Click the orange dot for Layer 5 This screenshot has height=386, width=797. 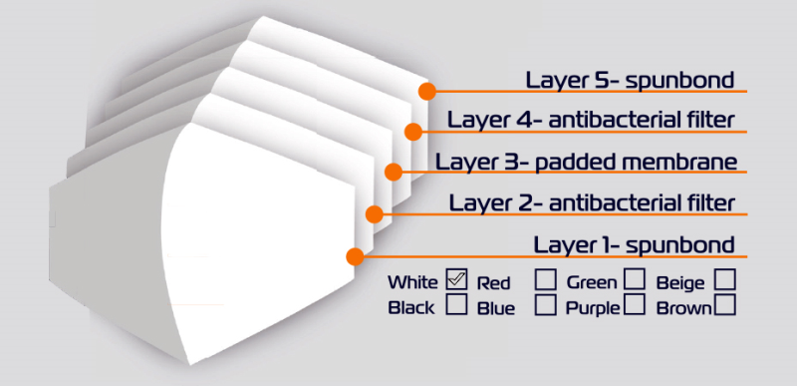[x=427, y=92]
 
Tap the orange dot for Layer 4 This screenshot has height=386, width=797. [x=413, y=132]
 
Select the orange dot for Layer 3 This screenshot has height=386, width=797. [x=394, y=172]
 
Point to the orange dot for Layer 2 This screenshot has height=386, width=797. [x=375, y=214]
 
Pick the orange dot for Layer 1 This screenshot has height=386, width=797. [x=355, y=256]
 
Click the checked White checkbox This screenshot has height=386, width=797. [x=456, y=279]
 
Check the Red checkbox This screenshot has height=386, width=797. [x=545, y=280]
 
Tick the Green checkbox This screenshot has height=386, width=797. [x=635, y=279]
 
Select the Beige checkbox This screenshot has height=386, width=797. [x=725, y=279]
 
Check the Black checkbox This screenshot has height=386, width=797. [x=456, y=304]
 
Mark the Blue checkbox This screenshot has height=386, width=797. [x=545, y=305]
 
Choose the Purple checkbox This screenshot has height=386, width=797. [x=635, y=304]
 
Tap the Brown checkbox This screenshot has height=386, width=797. [x=725, y=304]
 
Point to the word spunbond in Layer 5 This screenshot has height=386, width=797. [x=680, y=81]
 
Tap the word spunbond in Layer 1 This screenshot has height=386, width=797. [x=680, y=245]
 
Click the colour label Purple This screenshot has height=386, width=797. [x=593, y=308]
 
